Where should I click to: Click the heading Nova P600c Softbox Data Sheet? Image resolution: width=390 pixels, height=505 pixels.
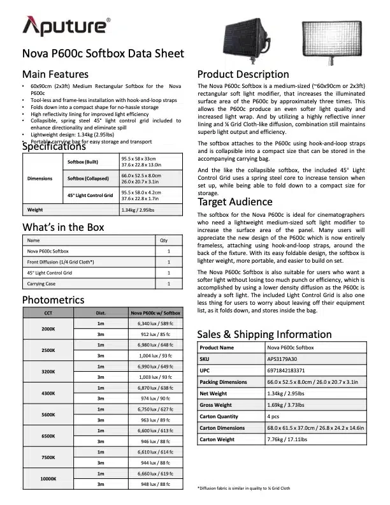point(103,54)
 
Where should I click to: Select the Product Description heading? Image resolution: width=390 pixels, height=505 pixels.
point(243,74)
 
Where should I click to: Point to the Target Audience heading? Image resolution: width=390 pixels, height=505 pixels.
point(235,184)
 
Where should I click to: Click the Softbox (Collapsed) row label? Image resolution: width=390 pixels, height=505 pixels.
point(88,178)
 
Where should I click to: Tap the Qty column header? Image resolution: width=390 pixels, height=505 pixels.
point(163,241)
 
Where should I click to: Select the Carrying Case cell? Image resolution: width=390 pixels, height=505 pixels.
point(42,283)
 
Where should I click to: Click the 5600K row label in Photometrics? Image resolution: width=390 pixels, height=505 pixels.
point(48,414)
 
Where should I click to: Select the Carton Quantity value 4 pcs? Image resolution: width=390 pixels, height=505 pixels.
point(275,416)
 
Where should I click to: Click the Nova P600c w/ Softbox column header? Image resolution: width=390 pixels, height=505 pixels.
point(155,313)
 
